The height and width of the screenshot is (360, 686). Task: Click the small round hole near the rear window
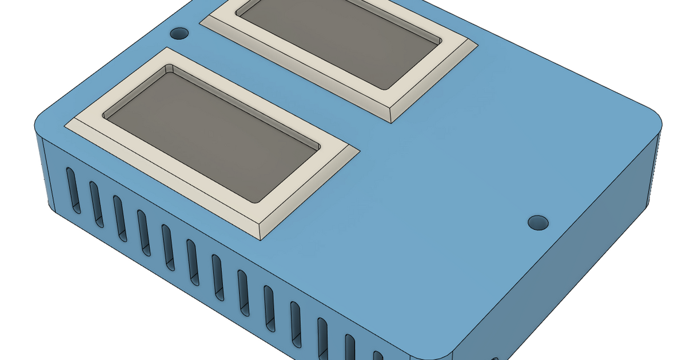point(180,33)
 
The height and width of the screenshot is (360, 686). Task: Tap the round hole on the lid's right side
point(537,222)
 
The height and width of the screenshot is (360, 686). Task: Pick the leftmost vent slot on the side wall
point(72,190)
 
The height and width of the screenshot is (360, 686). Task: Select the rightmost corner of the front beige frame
point(360,151)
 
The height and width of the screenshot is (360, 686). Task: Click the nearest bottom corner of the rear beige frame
point(391,122)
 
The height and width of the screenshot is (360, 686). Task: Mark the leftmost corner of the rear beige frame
point(200,23)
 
